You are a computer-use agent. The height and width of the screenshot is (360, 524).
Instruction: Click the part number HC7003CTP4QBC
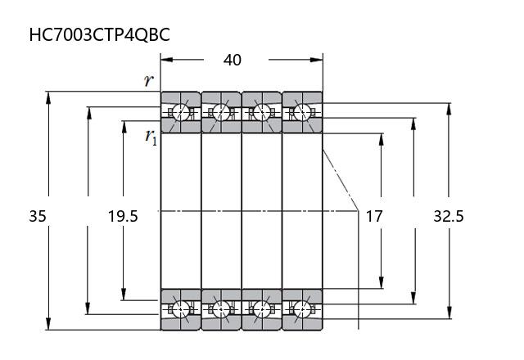click(x=100, y=35)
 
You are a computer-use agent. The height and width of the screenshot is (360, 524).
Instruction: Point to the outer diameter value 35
click(x=38, y=217)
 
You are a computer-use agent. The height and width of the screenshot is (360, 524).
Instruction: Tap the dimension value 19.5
click(x=123, y=217)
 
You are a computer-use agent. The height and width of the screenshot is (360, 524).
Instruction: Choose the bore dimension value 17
click(x=373, y=217)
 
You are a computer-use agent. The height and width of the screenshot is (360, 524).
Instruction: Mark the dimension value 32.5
click(x=448, y=217)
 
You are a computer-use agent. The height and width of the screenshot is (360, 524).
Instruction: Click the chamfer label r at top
click(x=148, y=80)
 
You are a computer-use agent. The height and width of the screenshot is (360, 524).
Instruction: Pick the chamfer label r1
click(x=151, y=136)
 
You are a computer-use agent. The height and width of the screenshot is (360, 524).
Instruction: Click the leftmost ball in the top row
click(x=180, y=112)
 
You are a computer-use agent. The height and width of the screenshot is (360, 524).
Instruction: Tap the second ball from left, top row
click(x=221, y=112)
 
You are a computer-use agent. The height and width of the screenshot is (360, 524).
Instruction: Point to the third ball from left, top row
click(x=262, y=112)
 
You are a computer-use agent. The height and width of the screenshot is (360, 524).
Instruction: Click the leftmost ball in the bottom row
click(x=180, y=308)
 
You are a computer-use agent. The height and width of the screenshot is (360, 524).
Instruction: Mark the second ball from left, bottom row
click(x=221, y=308)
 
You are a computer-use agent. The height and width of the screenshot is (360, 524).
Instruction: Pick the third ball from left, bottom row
click(x=262, y=308)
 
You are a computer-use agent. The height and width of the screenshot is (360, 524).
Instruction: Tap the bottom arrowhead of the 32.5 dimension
click(x=449, y=313)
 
